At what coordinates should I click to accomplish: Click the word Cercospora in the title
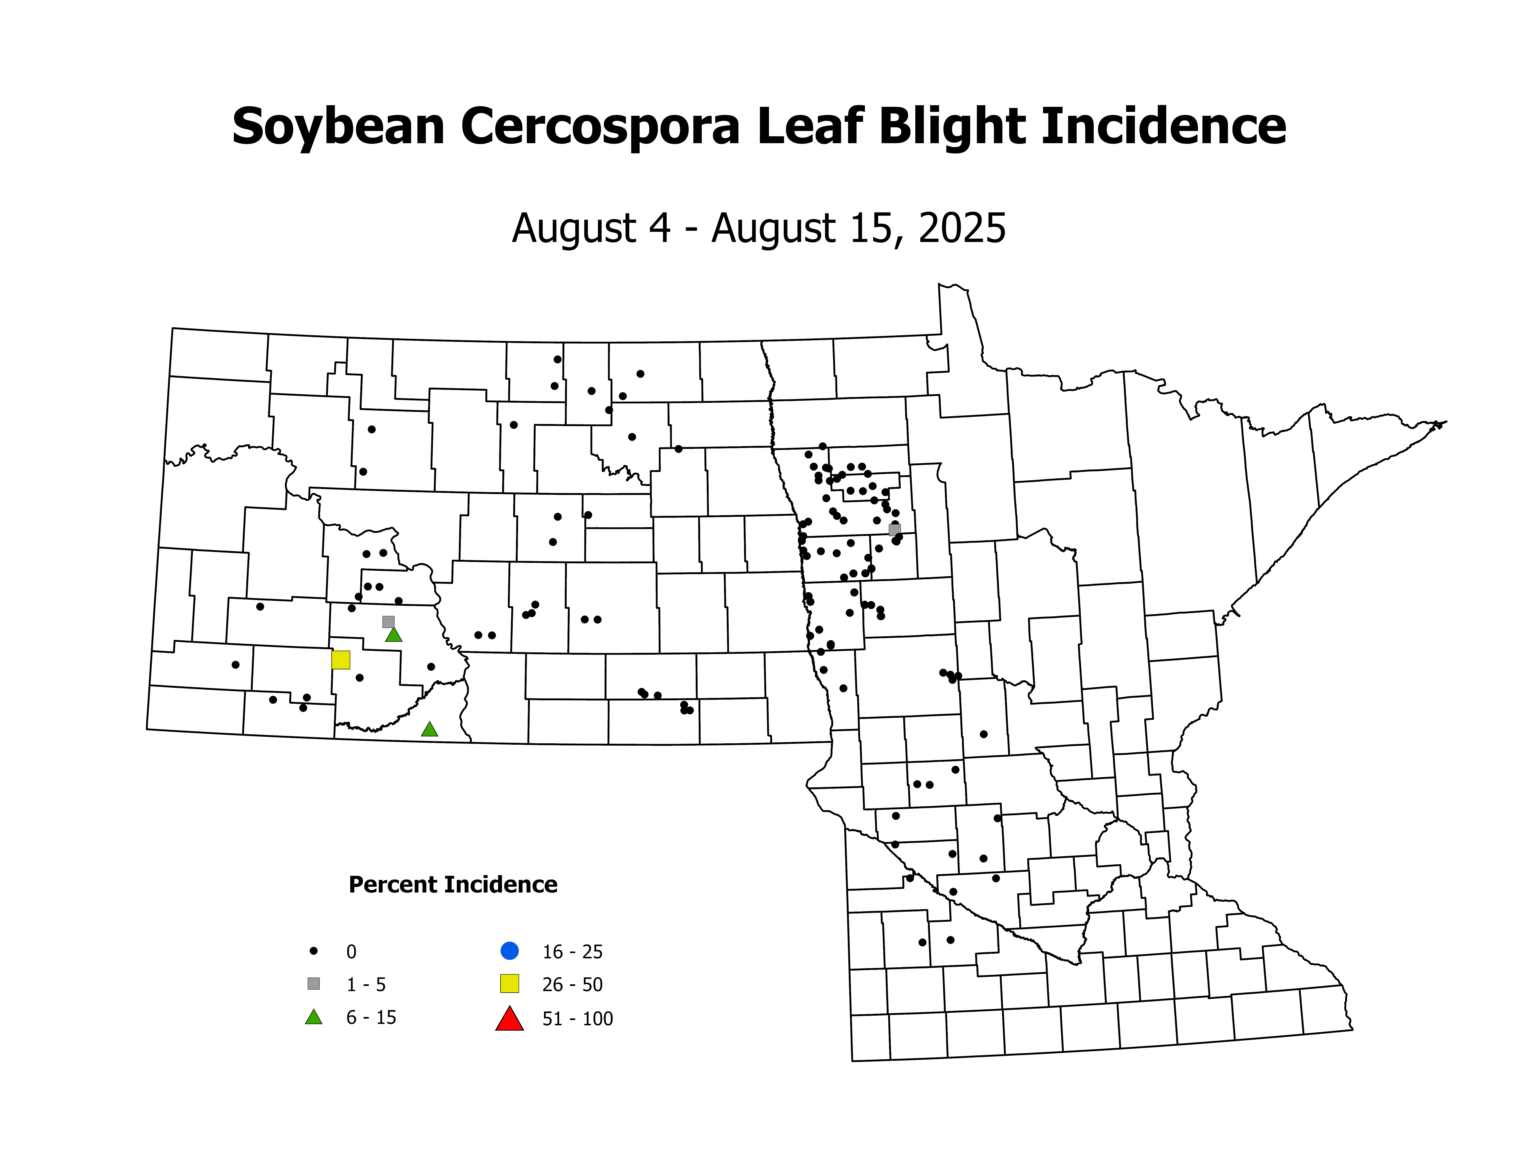600,127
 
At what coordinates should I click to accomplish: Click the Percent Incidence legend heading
453,885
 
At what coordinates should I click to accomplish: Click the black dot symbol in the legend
314,951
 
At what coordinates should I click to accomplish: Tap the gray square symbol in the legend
314,983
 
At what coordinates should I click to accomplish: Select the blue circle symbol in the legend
510,950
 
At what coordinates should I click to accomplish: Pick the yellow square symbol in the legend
510,983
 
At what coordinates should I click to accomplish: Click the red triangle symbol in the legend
510,1019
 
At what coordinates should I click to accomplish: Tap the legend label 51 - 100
577,1019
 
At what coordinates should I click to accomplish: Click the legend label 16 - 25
572,951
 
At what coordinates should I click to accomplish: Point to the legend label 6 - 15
371,1017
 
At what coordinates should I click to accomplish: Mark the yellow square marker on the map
341,659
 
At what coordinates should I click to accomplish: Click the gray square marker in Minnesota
894,530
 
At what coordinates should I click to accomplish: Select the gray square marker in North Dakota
388,621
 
